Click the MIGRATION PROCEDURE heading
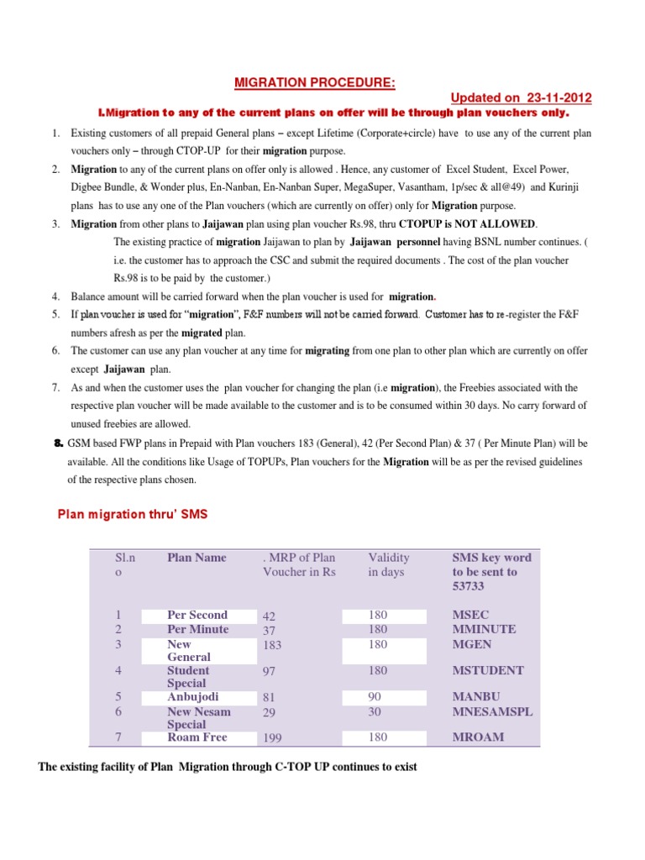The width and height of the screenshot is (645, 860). [x=313, y=81]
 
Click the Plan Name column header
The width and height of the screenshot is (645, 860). [x=197, y=558]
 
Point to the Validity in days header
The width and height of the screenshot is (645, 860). [x=389, y=564]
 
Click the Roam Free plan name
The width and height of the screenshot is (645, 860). [x=197, y=737]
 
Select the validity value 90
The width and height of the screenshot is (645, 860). [x=375, y=696]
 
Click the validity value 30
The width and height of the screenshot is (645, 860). [x=375, y=711]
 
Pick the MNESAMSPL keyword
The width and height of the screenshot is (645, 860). [x=492, y=711]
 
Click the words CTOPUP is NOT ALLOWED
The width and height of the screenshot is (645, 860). [x=468, y=223]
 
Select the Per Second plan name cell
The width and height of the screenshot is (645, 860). [x=197, y=615]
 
